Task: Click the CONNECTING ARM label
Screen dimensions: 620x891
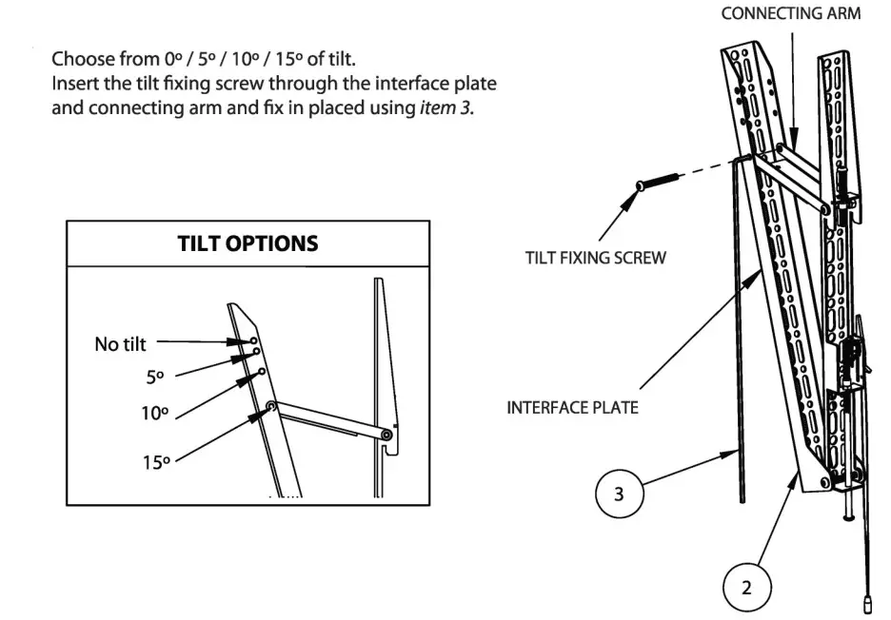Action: point(791,13)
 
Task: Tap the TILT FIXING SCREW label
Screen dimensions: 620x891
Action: point(595,258)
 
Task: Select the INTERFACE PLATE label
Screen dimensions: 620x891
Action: point(571,408)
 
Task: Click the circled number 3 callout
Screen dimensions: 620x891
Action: point(620,495)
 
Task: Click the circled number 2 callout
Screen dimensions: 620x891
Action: point(746,587)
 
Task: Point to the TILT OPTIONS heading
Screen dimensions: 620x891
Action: point(247,242)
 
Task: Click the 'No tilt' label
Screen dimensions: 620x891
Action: point(120,344)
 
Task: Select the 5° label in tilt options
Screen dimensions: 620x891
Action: point(155,378)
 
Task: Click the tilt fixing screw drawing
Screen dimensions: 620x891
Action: point(657,180)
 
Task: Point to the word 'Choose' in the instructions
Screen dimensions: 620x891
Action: point(78,58)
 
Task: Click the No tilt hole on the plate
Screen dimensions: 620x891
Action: point(253,339)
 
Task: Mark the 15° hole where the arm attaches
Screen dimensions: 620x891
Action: point(271,407)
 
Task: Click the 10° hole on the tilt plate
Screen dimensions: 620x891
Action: point(261,372)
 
